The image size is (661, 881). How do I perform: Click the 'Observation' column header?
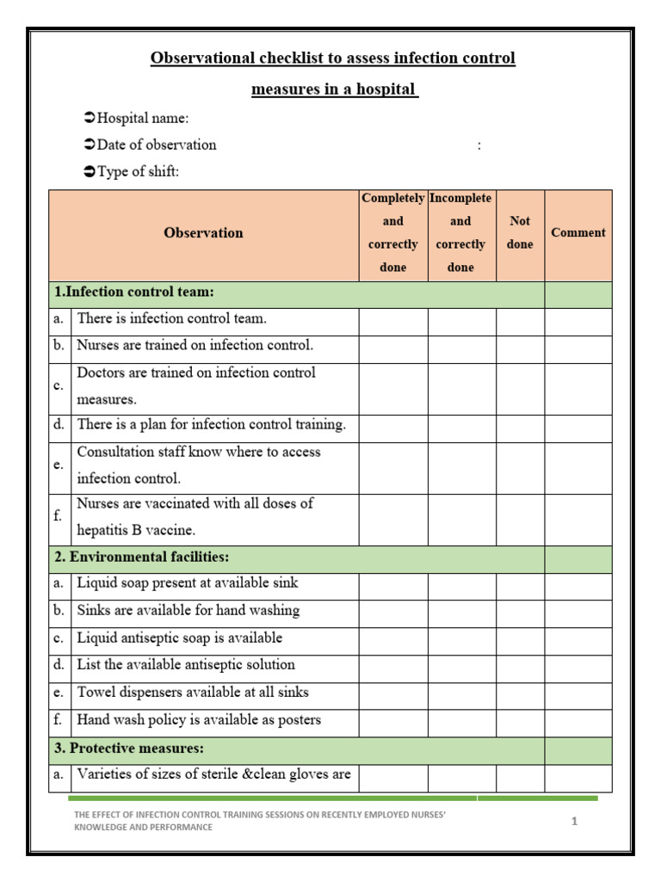[x=203, y=233]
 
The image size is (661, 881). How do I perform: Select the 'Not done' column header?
[x=520, y=232]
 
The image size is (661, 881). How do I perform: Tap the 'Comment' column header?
[x=578, y=232]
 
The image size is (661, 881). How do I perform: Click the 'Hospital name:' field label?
[x=143, y=118]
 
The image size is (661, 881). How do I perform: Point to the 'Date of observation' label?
[x=156, y=145]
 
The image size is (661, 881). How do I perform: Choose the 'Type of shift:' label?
[x=138, y=171]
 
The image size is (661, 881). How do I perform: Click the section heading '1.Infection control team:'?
[x=133, y=293]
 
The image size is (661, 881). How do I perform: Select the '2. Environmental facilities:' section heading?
[x=141, y=558]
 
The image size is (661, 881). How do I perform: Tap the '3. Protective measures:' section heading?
[x=129, y=749]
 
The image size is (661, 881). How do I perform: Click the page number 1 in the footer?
[x=574, y=822]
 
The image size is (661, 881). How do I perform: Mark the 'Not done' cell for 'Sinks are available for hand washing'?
[x=520, y=612]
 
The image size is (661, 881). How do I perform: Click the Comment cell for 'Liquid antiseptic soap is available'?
[x=578, y=639]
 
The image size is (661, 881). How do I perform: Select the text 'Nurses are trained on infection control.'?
[x=195, y=346]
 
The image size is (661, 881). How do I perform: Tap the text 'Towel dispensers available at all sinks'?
[x=193, y=693]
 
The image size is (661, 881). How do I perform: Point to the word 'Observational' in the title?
[x=202, y=59]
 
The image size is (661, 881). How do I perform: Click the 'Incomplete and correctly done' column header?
[x=460, y=232]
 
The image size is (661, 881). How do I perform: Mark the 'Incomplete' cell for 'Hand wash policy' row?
[x=461, y=721]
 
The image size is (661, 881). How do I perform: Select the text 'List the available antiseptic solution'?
[x=186, y=665]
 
